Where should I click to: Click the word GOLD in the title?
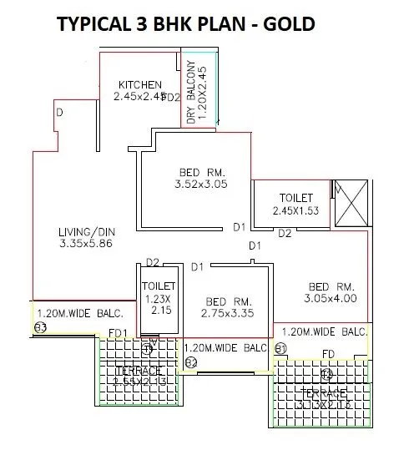click(285, 24)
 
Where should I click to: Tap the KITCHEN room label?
click(139, 84)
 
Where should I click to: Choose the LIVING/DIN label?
click(86, 231)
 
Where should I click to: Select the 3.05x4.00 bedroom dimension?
click(331, 297)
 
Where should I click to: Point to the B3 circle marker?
click(39, 327)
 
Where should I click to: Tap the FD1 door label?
click(119, 334)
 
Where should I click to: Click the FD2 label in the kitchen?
click(172, 98)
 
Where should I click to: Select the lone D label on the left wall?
click(59, 111)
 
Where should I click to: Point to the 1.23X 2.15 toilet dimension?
click(155, 304)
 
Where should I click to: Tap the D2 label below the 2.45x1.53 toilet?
click(285, 233)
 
